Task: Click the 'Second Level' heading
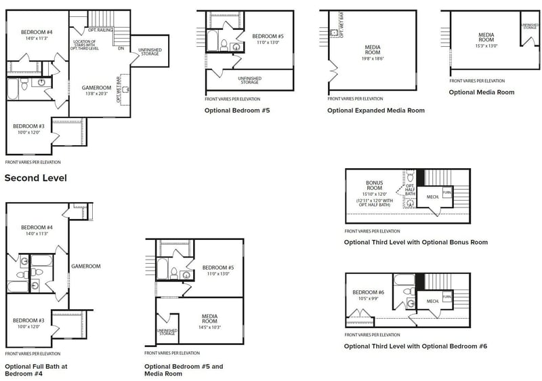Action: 35,178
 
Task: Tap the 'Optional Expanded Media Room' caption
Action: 376,111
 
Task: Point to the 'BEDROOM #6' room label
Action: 369,292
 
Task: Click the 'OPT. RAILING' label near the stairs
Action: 100,30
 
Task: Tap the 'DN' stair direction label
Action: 121,48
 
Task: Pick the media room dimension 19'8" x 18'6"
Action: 373,59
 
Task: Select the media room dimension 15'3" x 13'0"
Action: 486,46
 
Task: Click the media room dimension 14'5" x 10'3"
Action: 209,327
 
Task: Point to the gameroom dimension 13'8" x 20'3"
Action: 97,94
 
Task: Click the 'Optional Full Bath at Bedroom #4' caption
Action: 36,369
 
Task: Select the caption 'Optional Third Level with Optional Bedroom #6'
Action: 415,346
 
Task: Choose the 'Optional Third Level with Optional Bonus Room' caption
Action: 415,242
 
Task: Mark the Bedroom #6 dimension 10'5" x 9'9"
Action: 369,298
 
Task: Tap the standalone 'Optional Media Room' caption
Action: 481,92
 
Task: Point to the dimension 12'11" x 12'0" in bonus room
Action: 375,201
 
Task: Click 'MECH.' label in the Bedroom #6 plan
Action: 431,300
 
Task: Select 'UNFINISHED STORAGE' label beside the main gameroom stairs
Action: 150,52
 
